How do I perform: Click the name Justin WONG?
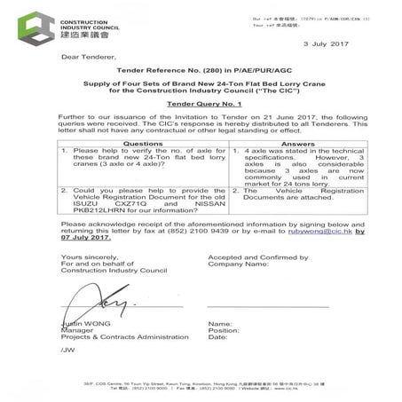(x=86, y=322)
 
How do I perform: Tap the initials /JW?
(x=67, y=351)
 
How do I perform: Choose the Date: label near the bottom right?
(x=217, y=338)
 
